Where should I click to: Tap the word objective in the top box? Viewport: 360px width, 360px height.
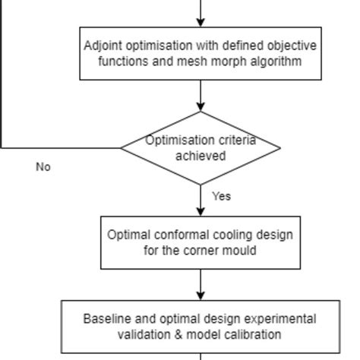point(293,46)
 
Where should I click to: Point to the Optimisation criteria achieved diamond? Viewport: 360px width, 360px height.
point(201,147)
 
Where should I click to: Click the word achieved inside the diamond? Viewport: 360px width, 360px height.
point(201,156)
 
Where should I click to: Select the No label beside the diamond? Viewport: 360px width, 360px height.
point(43,167)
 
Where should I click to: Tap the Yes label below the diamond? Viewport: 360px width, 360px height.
point(221,196)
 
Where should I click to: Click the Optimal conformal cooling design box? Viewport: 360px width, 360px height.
point(201,242)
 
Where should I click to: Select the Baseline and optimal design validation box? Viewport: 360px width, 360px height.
point(201,327)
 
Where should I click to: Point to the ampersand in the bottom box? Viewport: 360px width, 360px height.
point(182,334)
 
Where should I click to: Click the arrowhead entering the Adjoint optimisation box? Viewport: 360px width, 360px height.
point(201,23)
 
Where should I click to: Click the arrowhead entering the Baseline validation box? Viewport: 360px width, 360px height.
point(201,295)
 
